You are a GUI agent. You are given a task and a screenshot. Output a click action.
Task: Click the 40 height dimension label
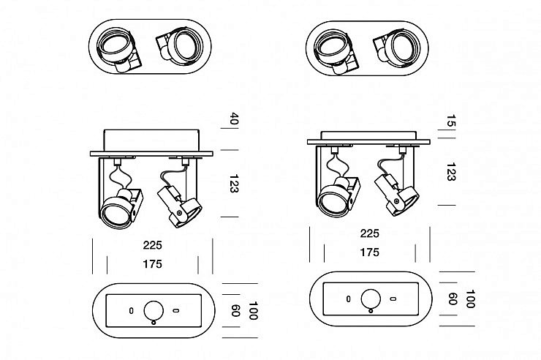234,119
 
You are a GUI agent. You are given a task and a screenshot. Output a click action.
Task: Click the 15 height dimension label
451,121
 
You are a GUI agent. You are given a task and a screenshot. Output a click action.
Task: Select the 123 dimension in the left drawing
234,184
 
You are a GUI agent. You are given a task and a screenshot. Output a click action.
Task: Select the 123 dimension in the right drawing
451,172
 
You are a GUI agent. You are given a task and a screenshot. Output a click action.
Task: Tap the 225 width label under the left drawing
153,245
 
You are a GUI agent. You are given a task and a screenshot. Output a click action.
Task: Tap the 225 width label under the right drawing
369,233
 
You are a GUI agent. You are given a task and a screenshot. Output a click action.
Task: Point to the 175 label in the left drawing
153,264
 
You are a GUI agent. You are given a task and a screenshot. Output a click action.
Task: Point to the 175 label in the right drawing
369,252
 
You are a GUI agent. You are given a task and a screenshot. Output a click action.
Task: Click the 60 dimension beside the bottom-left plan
235,310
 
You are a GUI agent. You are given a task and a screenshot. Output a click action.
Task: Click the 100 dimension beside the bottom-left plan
253,311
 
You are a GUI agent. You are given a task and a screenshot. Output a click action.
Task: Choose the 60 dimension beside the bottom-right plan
453,299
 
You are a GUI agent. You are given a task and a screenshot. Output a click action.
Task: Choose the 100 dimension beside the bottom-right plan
470,299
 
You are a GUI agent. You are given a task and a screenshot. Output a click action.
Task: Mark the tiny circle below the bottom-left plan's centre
154,323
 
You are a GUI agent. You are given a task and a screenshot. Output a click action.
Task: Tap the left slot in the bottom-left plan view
131,311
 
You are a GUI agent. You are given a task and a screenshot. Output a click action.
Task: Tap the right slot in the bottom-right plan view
393,299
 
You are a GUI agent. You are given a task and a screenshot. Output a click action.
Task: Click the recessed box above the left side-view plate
151,140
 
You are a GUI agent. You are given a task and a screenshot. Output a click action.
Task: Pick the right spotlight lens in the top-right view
402,48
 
